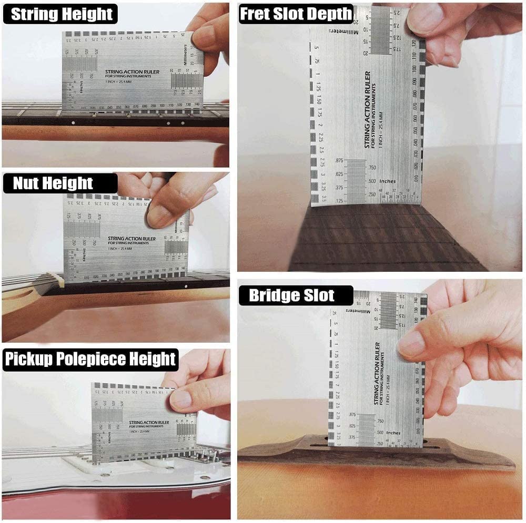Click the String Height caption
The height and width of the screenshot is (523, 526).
[x=62, y=14]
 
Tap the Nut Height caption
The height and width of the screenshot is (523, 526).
[x=53, y=183]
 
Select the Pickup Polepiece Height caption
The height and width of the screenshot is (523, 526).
[x=90, y=360]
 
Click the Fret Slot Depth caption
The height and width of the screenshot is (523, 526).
[x=296, y=14]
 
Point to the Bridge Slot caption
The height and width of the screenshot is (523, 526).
[x=291, y=295]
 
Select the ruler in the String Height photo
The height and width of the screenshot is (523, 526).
[x=131, y=71]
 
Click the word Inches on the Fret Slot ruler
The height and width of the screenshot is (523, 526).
[x=387, y=181]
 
